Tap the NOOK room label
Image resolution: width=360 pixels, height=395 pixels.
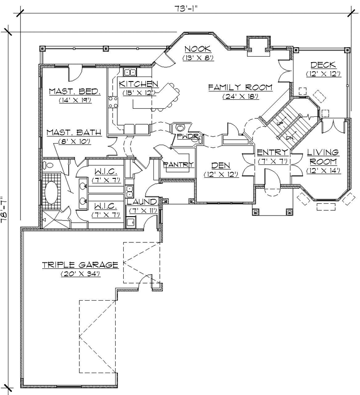coord(198,48)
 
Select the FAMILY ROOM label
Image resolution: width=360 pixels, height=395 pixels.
coord(240,87)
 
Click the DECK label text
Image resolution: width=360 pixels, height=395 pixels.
coord(324,65)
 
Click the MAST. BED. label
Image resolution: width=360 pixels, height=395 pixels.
coord(75,91)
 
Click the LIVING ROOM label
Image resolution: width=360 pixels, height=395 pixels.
coord(323,157)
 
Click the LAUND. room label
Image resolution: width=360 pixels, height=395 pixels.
coord(142,202)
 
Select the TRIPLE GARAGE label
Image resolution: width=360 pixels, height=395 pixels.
coord(80,264)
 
